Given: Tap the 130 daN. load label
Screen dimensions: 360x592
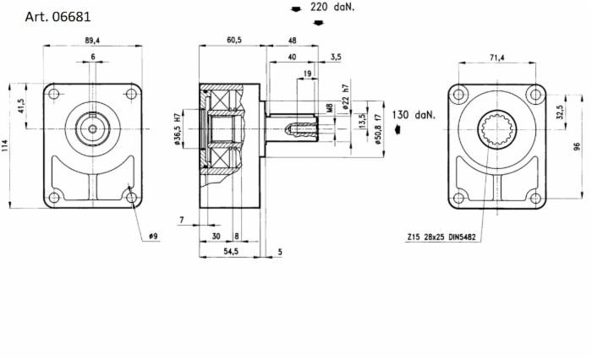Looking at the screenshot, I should point(414,114).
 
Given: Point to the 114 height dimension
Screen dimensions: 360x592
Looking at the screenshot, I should point(8,146).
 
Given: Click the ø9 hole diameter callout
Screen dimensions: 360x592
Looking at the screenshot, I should point(152,236).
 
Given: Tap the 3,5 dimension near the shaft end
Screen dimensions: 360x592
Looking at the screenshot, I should point(336,57).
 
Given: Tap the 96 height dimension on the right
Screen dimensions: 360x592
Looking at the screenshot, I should point(577,145).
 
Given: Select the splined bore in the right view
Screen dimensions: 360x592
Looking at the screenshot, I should point(496,129).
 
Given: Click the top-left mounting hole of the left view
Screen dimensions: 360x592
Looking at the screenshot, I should point(54,95).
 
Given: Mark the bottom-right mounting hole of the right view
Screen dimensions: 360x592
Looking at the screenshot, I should point(533,198).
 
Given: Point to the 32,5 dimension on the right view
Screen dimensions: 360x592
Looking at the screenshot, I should point(560,112).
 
